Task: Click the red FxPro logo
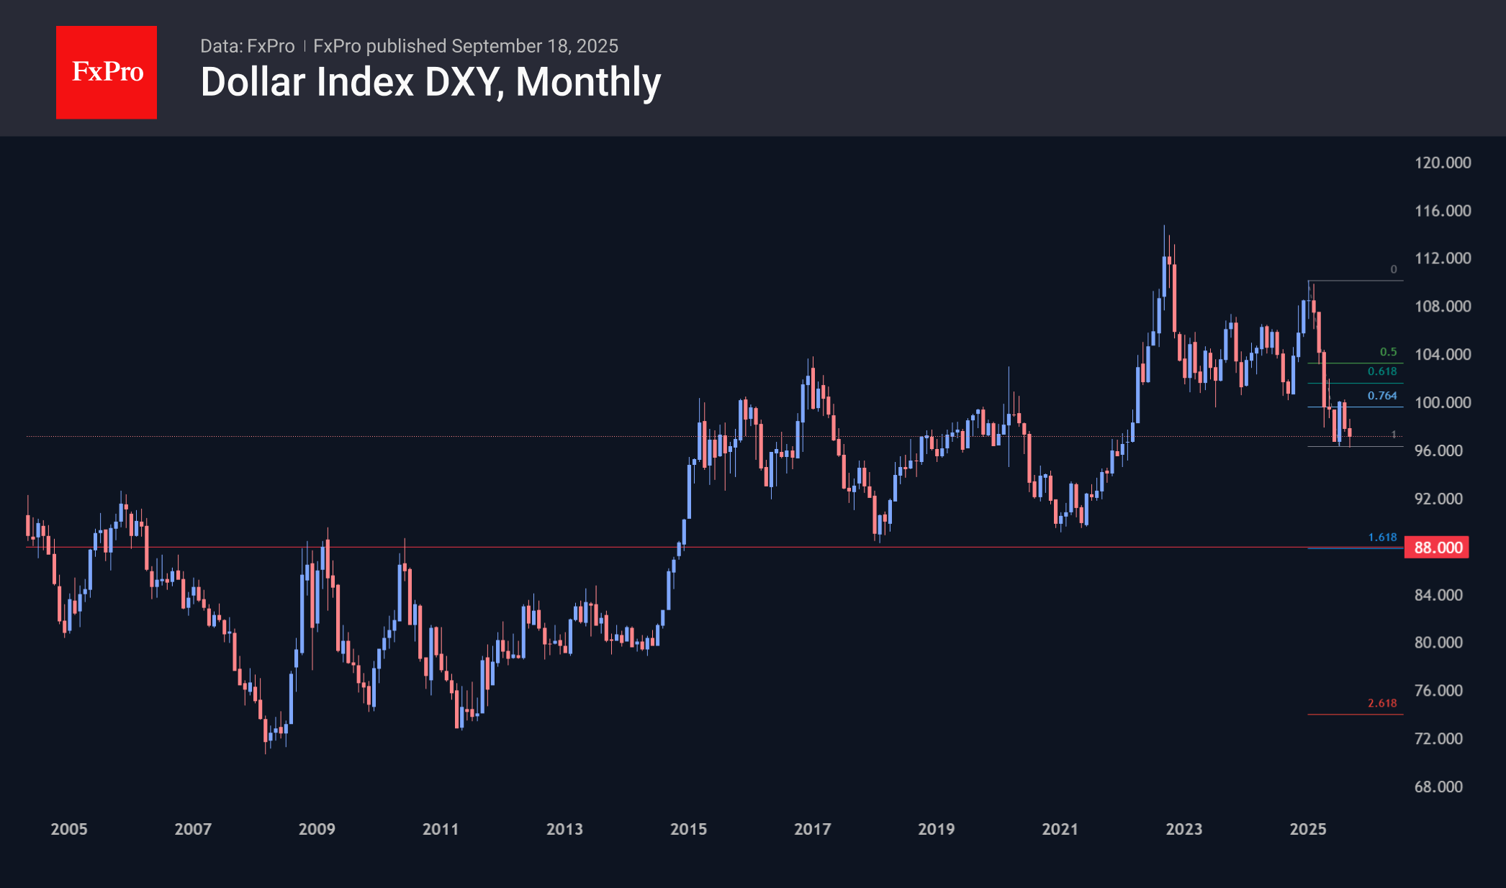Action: [107, 72]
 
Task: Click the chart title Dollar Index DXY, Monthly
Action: [430, 82]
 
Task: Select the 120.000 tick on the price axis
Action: [1442, 163]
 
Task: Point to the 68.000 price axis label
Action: [1438, 787]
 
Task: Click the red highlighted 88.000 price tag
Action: [1438, 548]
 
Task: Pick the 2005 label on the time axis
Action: [69, 829]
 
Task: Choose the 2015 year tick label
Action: [688, 829]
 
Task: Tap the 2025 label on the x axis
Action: [1307, 829]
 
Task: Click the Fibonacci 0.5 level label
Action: [1388, 352]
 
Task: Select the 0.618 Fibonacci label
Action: [1382, 371]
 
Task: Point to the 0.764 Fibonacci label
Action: [1382, 396]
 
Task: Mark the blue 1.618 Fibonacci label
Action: [1382, 538]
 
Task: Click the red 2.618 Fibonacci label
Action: [1382, 703]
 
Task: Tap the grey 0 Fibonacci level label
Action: [1394, 269]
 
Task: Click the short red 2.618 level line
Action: [1353, 715]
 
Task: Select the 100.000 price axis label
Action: [1442, 402]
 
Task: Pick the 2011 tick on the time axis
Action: [441, 829]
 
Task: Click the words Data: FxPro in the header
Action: [247, 46]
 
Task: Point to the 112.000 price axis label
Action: [1442, 258]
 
